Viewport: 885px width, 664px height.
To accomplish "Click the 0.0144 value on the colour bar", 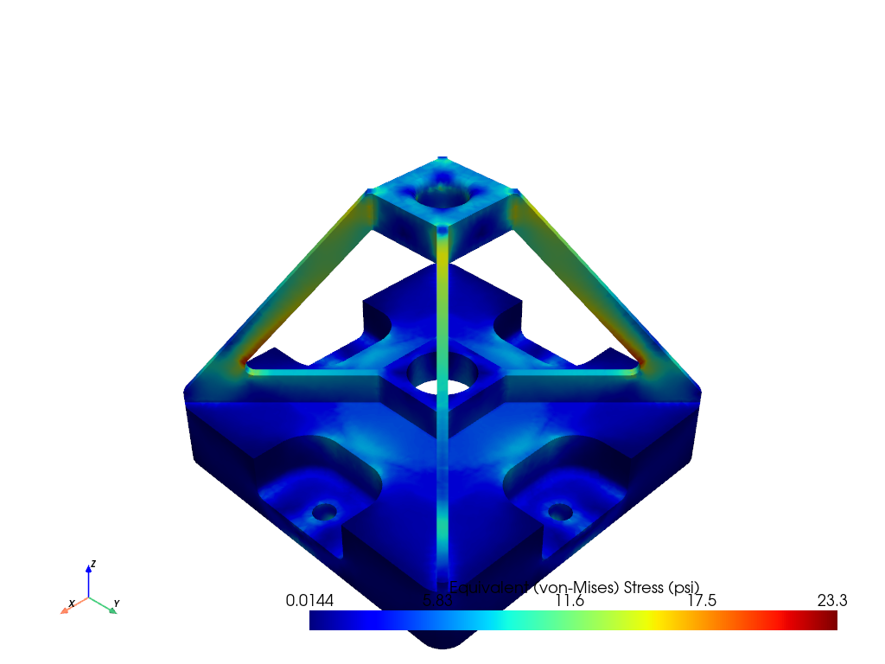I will pyautogui.click(x=309, y=600).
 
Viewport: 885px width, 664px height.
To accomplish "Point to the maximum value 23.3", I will pyautogui.click(x=831, y=600).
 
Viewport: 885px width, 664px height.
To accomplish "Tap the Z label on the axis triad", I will pyautogui.click(x=93, y=564).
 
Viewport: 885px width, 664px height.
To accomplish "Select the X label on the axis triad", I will pyautogui.click(x=72, y=603).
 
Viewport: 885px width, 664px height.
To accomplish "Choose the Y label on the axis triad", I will pyautogui.click(x=117, y=603).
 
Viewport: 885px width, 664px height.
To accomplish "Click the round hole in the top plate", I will pyautogui.click(x=442, y=195).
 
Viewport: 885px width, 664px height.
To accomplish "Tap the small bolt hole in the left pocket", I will pyautogui.click(x=325, y=511).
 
